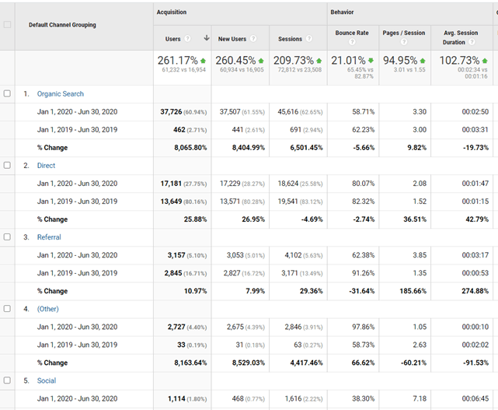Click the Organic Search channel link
pos(61,94)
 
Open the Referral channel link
pos(49,237)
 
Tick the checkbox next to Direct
pos(7,165)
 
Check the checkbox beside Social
pos(7,380)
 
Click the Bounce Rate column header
pos(352,33)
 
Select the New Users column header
pos(232,39)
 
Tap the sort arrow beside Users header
pos(207,38)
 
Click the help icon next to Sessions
pos(309,38)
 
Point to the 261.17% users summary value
pos(178,61)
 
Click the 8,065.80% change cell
pos(190,148)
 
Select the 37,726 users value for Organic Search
pos(171,112)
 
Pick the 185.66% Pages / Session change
pos(413,291)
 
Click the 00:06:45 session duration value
pos(475,398)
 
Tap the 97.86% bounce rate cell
pos(363,327)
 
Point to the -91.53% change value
pos(475,363)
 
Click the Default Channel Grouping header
pos(62,25)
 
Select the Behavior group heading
pos(342,12)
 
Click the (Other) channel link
pos(48,309)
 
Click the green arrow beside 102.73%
pos(485,61)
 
